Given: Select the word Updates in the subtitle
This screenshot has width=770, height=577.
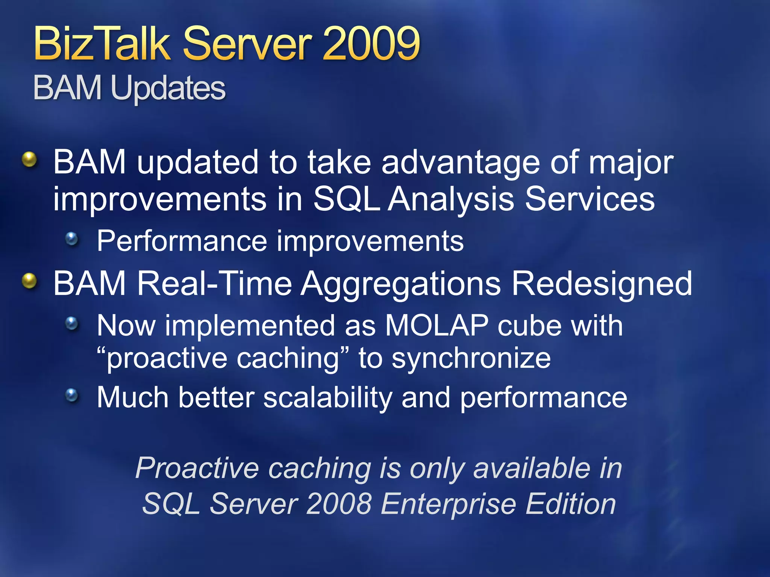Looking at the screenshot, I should coord(168,89).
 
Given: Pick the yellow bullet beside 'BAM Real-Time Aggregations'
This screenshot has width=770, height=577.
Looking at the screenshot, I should coord(29,281).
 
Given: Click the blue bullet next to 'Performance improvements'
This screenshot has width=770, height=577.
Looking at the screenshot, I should coord(71,239).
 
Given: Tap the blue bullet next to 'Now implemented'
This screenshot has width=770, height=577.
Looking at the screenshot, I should coord(71,323).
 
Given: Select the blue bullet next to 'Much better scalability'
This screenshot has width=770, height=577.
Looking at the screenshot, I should coord(71,395).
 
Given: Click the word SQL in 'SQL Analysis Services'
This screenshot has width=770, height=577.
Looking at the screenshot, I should coord(346,199).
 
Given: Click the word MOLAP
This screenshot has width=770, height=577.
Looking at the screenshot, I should coord(437,325).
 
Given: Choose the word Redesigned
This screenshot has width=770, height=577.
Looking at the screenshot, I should coord(602,284).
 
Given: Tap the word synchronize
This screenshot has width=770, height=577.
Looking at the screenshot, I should coord(471,358).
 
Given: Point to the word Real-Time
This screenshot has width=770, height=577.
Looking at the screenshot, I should coord(215,284).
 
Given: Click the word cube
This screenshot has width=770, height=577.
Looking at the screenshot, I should coord(530,325).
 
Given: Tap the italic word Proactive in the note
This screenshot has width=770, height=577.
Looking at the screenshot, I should coord(197,468).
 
